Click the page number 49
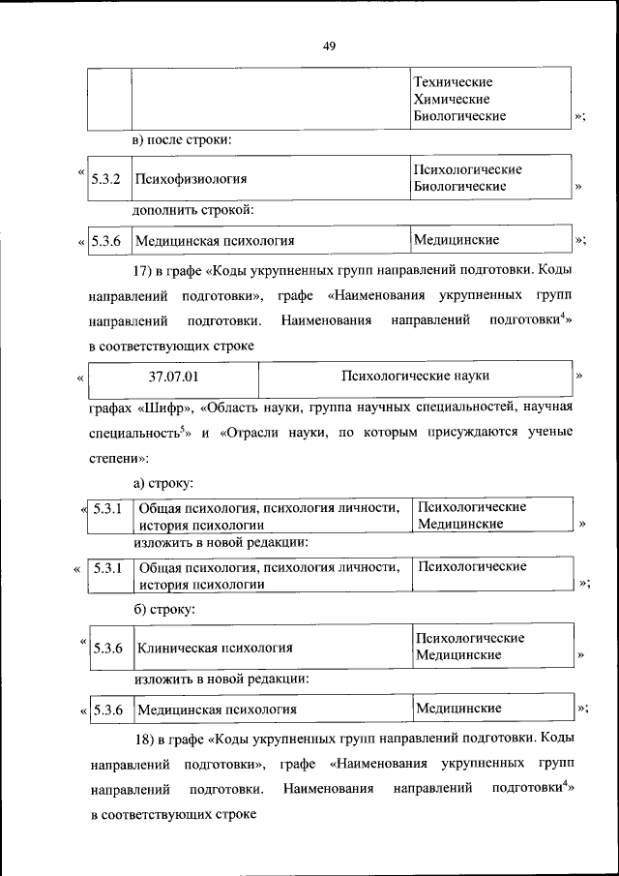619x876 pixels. (329, 45)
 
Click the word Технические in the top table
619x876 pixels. (453, 82)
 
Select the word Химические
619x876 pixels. (451, 99)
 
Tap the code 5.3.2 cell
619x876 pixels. (105, 179)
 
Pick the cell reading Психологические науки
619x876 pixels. (416, 374)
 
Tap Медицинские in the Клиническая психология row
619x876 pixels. (458, 655)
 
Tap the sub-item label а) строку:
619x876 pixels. (164, 481)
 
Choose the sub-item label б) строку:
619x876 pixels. (164, 610)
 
